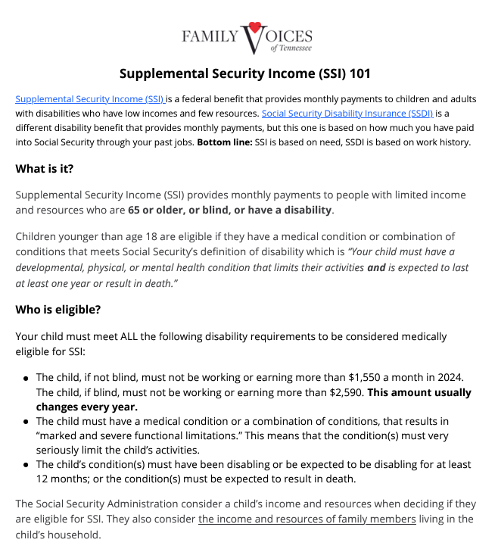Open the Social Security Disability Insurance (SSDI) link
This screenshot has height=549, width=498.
pyautogui.click(x=347, y=114)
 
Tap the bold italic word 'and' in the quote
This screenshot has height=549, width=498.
pyautogui.click(x=376, y=267)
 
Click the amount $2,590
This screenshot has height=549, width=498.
pyautogui.click(x=344, y=392)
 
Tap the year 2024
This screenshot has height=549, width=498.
pyautogui.click(x=447, y=377)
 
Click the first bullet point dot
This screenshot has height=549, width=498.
pyautogui.click(x=26, y=378)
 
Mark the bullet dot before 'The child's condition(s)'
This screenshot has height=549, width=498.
pyautogui.click(x=26, y=465)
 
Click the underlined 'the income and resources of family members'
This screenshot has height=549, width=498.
pyautogui.click(x=307, y=519)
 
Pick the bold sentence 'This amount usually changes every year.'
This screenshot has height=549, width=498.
pyautogui.click(x=254, y=400)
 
